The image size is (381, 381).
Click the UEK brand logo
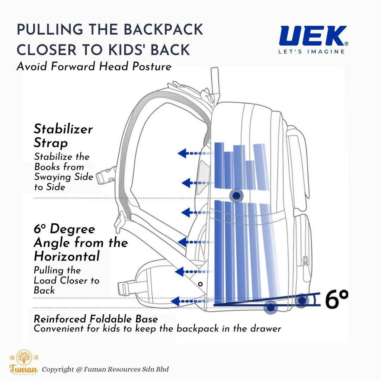pyautogui.click(x=313, y=36)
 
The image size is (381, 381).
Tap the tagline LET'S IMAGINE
pyautogui.click(x=311, y=51)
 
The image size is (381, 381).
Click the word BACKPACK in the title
pyautogui.click(x=163, y=30)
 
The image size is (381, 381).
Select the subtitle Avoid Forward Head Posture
pyautogui.click(x=94, y=66)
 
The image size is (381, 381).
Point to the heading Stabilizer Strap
pyautogui.click(x=63, y=135)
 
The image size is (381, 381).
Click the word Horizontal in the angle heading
pyautogui.click(x=67, y=256)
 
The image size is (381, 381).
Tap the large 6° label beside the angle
pyautogui.click(x=336, y=300)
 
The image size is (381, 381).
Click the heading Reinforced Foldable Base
pyautogui.click(x=96, y=318)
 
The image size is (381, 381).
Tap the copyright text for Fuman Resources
pyautogui.click(x=105, y=369)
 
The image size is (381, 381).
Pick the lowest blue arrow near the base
pyautogui.click(x=189, y=301)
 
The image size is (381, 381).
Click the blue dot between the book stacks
pyautogui.click(x=236, y=195)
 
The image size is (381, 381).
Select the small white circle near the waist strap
pyautogui.click(x=200, y=284)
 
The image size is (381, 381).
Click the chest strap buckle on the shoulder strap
pyautogui.click(x=105, y=176)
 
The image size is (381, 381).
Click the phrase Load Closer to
pyautogui.click(x=67, y=281)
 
